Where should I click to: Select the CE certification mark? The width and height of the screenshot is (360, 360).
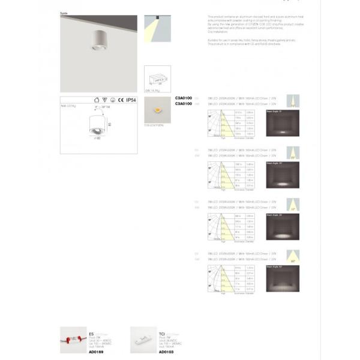119,101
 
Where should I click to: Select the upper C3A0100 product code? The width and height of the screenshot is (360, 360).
182,98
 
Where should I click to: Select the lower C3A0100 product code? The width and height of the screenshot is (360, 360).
182,103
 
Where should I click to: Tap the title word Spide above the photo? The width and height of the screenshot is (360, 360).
64,12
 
